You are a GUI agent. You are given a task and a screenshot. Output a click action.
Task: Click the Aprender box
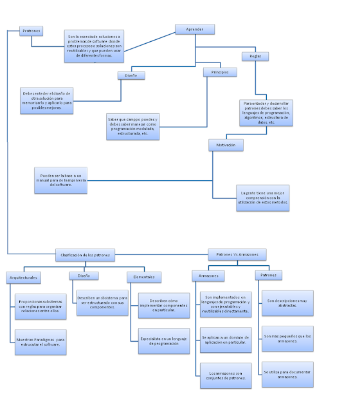coord(195,29)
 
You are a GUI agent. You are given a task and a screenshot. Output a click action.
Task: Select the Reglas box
coord(255,56)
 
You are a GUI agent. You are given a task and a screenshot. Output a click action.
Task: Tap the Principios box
coord(220,72)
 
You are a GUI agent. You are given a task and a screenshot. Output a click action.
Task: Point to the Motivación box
coord(226,145)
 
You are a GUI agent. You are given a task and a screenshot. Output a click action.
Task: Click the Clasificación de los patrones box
coord(84,255)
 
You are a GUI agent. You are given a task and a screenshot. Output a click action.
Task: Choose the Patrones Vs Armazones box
coord(237,255)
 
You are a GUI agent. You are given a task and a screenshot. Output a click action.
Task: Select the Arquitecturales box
coord(23,277)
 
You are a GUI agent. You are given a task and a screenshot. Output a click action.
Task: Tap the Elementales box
coord(143,277)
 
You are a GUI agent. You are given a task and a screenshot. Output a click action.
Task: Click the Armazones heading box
coord(208,276)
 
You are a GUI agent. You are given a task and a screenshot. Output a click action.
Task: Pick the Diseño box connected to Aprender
coord(131,75)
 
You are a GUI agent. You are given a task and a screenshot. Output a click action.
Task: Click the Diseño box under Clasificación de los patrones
coord(84,276)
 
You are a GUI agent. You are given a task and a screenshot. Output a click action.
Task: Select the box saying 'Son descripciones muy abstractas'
coord(287,303)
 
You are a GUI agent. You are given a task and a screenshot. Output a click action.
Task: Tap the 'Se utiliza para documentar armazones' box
coord(287,375)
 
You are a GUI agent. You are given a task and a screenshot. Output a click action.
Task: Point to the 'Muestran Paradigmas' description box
coord(41,342)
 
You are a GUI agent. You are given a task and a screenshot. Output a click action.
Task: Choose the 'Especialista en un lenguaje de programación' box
coord(164,341)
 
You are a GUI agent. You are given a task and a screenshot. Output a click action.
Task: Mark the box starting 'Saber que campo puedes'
coord(133,126)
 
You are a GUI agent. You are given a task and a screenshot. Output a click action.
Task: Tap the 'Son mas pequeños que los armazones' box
coord(287,338)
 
